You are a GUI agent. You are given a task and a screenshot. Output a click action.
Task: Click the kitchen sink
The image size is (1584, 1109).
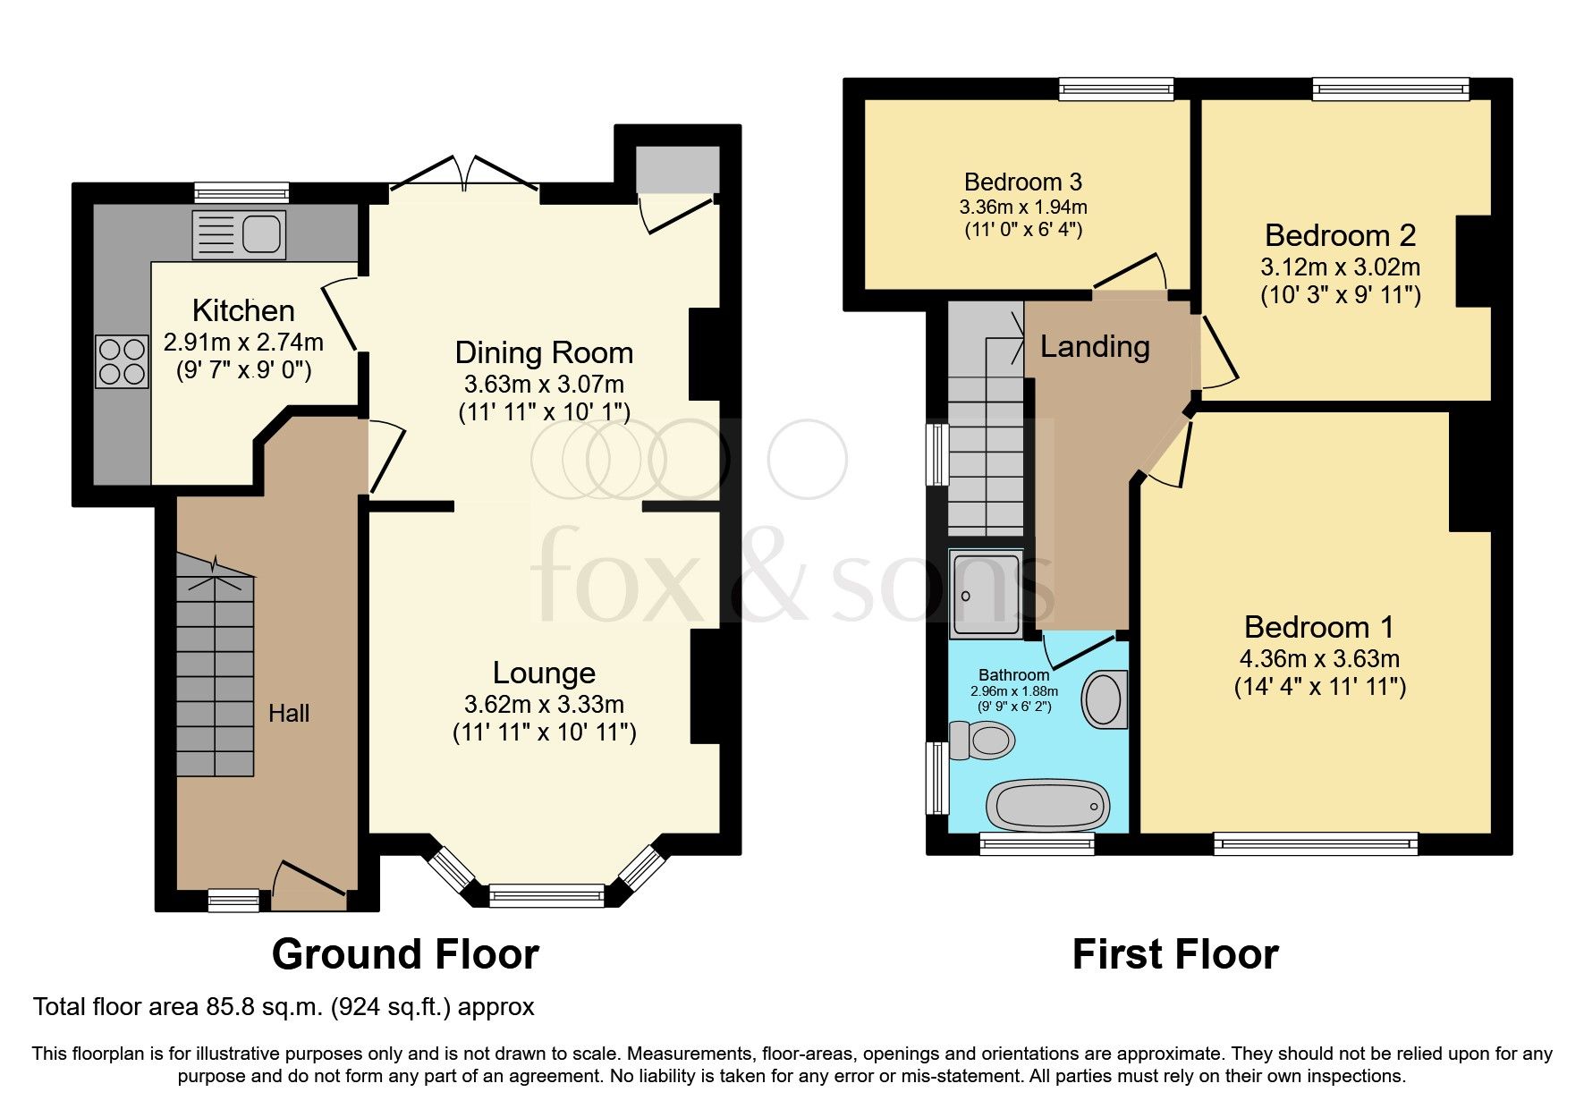[240, 234]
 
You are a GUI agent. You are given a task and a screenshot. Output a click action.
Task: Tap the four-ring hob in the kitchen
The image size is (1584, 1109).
[122, 360]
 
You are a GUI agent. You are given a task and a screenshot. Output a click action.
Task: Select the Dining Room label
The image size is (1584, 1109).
[544, 352]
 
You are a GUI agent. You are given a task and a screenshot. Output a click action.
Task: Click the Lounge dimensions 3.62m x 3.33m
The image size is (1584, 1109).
[544, 704]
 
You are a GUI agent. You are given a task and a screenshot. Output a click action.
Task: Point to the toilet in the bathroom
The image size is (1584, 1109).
[981, 740]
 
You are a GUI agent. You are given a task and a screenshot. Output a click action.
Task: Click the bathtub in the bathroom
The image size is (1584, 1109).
[1047, 805]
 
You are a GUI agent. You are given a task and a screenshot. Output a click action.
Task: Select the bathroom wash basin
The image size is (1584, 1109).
[1104, 699]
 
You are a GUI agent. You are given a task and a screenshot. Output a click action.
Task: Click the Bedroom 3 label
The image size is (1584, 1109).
[1023, 182]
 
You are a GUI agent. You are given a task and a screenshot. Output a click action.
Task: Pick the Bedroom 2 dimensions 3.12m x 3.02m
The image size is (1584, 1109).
[1340, 267]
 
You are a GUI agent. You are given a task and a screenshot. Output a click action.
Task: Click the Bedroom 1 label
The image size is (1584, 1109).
[1318, 627]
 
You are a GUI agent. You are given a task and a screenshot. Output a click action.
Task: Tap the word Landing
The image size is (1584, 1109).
[1095, 347]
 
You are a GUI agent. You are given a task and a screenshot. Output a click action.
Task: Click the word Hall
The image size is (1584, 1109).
[289, 713]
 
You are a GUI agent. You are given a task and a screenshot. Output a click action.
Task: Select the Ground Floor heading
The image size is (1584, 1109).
[405, 954]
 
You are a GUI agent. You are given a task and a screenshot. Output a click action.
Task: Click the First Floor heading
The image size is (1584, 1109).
[1175, 954]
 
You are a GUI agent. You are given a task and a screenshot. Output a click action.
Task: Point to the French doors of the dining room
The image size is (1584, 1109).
[464, 174]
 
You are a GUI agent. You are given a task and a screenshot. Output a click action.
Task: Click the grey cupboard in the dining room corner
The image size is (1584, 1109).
[677, 169]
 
